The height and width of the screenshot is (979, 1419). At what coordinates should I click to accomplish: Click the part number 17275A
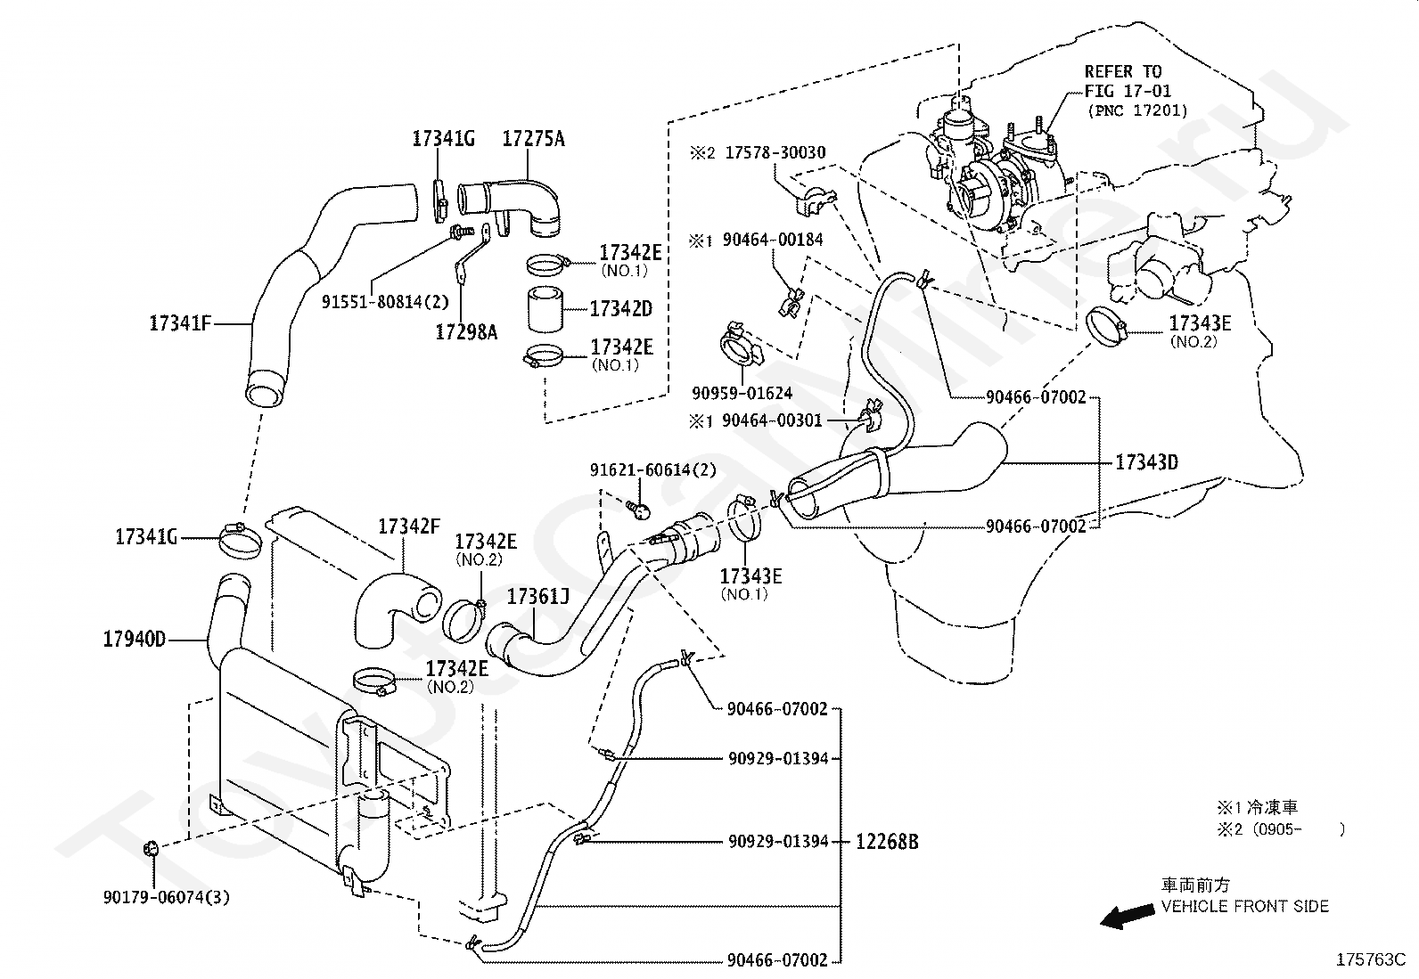click(533, 139)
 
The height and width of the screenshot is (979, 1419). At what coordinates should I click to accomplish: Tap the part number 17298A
click(466, 332)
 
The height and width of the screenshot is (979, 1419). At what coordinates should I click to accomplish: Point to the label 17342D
click(621, 309)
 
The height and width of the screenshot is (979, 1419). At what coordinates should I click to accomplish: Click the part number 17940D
click(135, 640)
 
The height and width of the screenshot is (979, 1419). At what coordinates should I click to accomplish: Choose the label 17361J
click(538, 596)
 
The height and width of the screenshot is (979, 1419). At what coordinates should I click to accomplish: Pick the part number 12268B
click(887, 841)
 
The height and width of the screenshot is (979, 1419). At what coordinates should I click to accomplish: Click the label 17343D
click(1147, 462)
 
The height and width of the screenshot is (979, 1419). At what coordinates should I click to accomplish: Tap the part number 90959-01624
click(742, 393)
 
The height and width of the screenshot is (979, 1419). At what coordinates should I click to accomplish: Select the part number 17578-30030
click(775, 153)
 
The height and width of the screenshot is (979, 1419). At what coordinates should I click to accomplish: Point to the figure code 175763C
click(1370, 960)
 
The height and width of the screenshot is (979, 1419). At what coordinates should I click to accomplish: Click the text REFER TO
click(1123, 71)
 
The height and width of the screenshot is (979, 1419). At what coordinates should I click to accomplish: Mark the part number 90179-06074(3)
click(166, 897)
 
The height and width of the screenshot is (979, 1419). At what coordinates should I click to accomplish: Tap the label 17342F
click(409, 526)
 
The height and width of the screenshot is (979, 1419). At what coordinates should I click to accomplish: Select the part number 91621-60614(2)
click(652, 469)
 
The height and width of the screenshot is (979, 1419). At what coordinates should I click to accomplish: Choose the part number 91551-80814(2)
click(385, 301)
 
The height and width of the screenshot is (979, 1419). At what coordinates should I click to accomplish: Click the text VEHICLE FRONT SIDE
click(1244, 907)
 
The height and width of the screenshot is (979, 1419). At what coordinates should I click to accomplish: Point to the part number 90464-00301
click(772, 420)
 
